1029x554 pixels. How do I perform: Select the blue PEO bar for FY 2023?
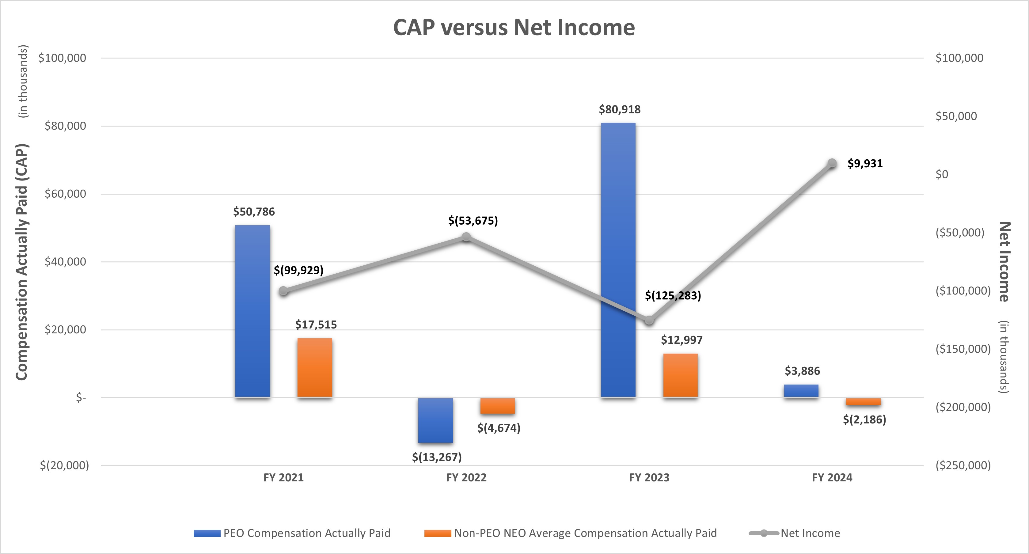(x=618, y=260)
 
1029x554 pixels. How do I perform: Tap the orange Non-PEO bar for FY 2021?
(x=314, y=367)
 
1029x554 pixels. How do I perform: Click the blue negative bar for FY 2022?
(x=435, y=420)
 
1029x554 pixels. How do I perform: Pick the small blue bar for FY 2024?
(x=801, y=391)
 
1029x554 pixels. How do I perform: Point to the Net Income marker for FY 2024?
(x=832, y=163)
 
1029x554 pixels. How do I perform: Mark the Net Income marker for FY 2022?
(x=466, y=237)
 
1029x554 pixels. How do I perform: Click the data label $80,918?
(x=619, y=109)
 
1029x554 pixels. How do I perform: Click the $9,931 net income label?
(x=865, y=163)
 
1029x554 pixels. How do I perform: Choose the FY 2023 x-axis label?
(x=649, y=478)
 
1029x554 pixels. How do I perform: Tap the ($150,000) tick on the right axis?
(x=963, y=349)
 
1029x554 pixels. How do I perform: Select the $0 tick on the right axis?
(x=942, y=175)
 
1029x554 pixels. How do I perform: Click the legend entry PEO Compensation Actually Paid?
(x=306, y=533)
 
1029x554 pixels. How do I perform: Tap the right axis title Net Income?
(x=1004, y=262)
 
